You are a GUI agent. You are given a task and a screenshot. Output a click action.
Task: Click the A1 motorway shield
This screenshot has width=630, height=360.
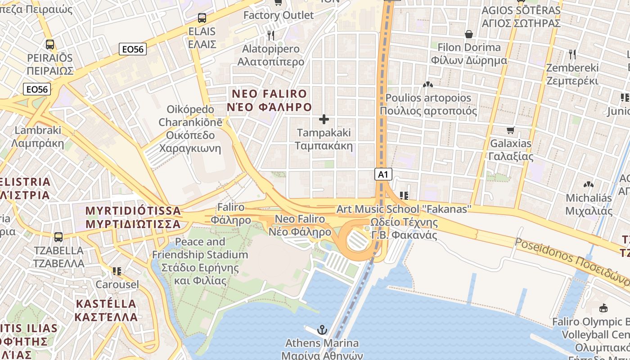(x=383, y=174)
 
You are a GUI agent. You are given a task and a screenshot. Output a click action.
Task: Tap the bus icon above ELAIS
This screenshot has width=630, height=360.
(x=202, y=18)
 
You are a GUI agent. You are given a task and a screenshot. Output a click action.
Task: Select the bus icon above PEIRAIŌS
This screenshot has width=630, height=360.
(x=50, y=45)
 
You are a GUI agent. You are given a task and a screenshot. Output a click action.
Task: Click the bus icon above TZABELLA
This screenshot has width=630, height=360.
(x=58, y=237)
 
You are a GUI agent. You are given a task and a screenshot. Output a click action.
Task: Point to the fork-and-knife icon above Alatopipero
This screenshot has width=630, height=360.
(x=271, y=35)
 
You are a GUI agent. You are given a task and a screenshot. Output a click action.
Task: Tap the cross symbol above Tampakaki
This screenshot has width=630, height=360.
(x=324, y=119)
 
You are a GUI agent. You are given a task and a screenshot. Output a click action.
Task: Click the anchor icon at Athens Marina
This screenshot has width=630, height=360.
(x=322, y=330)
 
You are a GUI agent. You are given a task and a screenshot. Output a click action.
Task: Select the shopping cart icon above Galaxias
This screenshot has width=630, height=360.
(x=510, y=130)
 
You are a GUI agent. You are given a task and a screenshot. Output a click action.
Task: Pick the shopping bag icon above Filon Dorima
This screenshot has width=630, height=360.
(x=469, y=34)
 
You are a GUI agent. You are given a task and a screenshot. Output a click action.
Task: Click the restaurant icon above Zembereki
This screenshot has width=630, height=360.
(x=572, y=54)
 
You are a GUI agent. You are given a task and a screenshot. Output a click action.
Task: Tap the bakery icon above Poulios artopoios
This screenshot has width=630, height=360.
(x=427, y=84)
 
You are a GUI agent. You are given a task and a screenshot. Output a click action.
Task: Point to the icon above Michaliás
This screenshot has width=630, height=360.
(x=588, y=184)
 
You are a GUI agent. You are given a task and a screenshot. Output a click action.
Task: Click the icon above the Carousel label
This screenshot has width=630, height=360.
(x=117, y=271)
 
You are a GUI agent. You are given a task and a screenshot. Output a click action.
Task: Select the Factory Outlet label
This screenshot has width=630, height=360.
(x=278, y=15)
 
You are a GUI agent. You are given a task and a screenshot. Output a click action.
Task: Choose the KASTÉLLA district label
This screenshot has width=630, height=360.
(x=106, y=310)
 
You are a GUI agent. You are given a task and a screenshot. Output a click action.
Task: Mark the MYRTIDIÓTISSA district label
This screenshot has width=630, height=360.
(x=133, y=217)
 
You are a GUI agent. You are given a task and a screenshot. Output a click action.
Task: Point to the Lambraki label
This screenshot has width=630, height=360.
(x=38, y=137)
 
